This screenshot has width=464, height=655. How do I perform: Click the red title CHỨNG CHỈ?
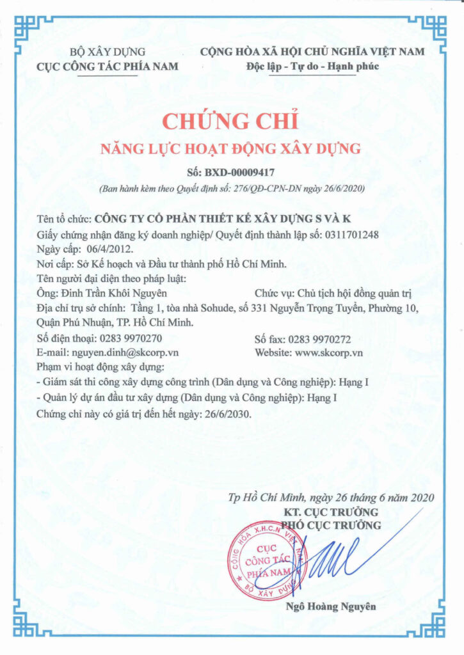click(232, 122)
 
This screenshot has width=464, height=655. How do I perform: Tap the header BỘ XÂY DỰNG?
click(108, 52)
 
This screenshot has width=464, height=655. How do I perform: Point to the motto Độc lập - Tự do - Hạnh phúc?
click(312, 66)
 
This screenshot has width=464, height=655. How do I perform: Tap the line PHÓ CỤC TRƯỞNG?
click(332, 525)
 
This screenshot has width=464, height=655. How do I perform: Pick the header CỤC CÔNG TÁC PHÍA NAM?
click(108, 66)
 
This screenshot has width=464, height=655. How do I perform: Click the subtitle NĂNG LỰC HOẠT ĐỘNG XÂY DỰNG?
click(232, 149)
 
